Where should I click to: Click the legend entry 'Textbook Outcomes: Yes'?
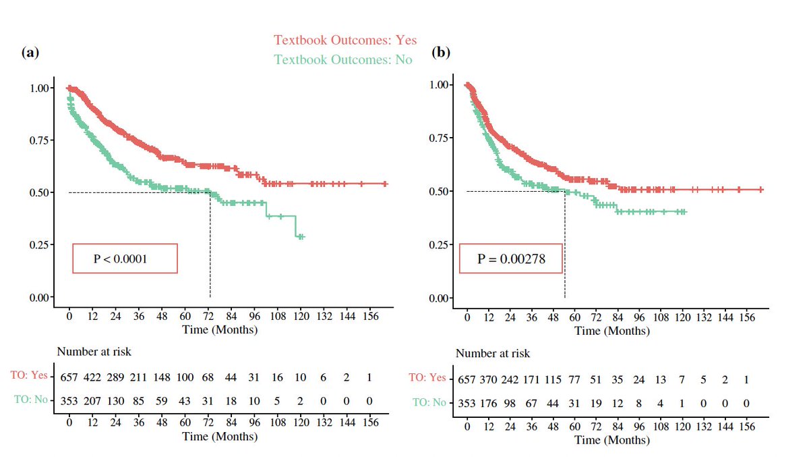pyautogui.click(x=344, y=41)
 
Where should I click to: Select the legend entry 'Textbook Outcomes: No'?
pyautogui.click(x=342, y=59)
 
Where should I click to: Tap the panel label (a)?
pyautogui.click(x=29, y=53)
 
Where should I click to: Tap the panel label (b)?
pyautogui.click(x=441, y=53)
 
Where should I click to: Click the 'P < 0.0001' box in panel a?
pyautogui.click(x=125, y=259)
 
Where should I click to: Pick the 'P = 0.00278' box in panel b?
pyautogui.click(x=510, y=259)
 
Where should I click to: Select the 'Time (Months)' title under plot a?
pyautogui.click(x=219, y=330)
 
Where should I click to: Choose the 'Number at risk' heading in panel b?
pyautogui.click(x=493, y=354)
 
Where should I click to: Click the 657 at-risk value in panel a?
pyautogui.click(x=69, y=376)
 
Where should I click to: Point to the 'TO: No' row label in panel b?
pyautogui.click(x=429, y=403)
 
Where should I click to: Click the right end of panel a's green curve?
pyautogui.click(x=303, y=237)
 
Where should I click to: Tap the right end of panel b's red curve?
pyautogui.click(x=762, y=190)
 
